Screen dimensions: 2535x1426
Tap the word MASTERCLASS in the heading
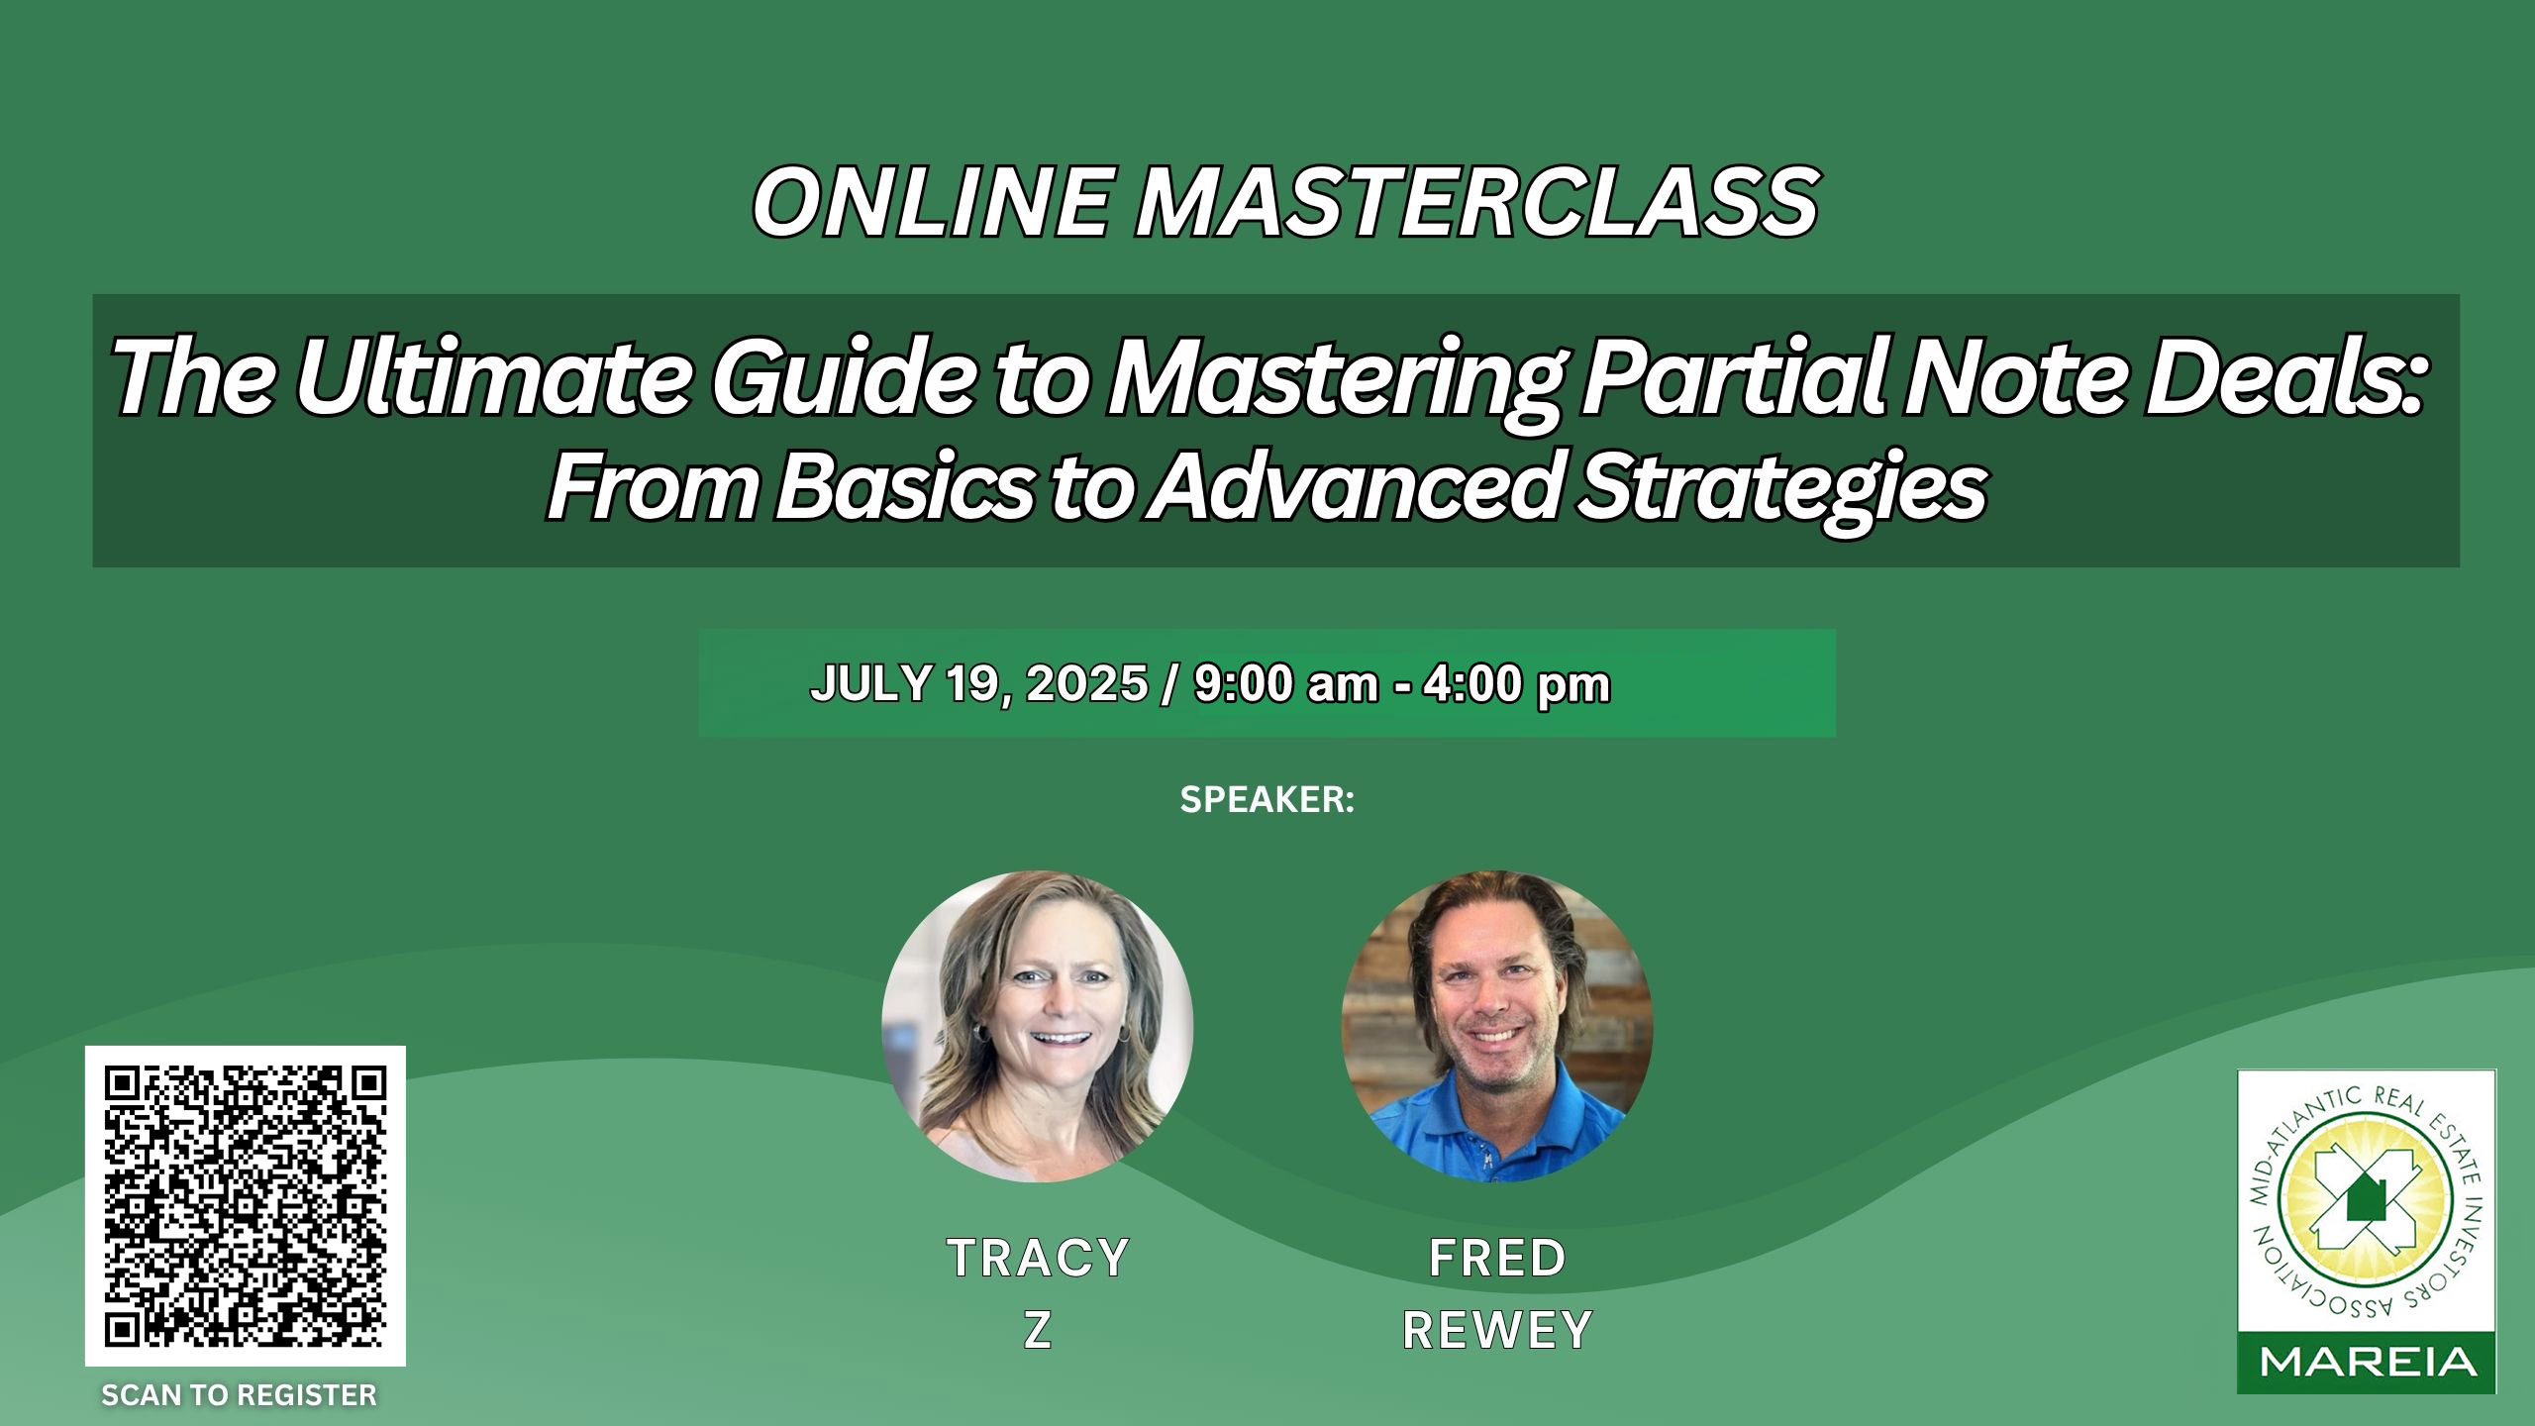tap(1476, 202)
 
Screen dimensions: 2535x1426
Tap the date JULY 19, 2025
tap(978, 684)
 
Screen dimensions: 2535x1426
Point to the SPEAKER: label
tap(1267, 800)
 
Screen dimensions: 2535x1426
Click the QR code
tap(246, 1206)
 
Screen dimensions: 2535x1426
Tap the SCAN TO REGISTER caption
tap(240, 1395)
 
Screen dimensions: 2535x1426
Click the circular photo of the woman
tap(1038, 1026)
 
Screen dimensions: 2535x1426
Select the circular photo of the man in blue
tap(1497, 1026)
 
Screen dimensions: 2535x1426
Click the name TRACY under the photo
tap(1038, 1259)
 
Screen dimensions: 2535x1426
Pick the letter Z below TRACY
tap(1037, 1331)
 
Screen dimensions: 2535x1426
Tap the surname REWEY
tap(1497, 1331)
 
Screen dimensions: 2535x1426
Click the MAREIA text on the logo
tap(2367, 1365)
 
